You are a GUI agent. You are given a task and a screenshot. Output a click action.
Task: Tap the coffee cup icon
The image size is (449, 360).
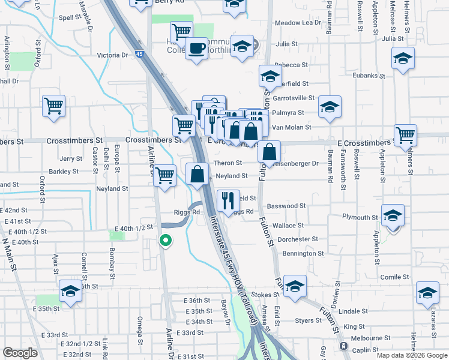click(196, 47)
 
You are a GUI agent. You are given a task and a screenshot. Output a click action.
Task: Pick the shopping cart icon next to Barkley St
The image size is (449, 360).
click(164, 176)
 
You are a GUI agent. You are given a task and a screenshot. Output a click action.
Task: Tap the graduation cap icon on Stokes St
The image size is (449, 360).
click(295, 286)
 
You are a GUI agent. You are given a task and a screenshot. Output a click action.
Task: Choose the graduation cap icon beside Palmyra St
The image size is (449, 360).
click(330, 107)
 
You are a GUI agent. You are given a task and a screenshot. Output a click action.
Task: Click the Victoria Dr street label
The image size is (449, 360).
click(113, 55)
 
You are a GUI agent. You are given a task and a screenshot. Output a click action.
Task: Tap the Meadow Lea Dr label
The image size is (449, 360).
click(298, 23)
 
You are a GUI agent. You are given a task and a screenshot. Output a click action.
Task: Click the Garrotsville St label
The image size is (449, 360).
click(294, 98)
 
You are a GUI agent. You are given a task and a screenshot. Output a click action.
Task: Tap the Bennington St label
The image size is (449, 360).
click(303, 254)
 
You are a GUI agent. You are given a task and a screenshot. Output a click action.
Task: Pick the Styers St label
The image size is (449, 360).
click(308, 321)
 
